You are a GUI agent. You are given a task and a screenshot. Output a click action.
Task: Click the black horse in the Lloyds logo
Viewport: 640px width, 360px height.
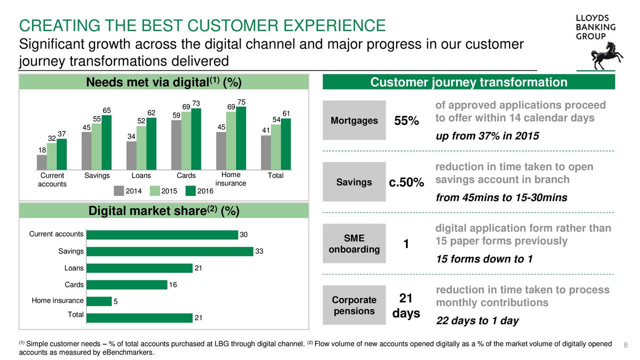605,56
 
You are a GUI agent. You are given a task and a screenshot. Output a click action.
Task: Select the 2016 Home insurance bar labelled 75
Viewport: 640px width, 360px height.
241,138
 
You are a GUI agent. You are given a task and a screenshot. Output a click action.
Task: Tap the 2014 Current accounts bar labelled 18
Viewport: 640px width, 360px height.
41,162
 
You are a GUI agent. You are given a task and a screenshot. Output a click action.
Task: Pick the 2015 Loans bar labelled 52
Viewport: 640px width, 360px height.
141,148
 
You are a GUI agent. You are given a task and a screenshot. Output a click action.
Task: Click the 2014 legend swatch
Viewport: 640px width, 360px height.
119,191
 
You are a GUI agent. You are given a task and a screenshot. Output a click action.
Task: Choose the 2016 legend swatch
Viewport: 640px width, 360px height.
190,191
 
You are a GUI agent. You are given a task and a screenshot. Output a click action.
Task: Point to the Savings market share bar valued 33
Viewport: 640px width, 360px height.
169,251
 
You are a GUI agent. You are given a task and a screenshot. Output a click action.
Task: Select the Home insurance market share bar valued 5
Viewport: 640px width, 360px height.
99,301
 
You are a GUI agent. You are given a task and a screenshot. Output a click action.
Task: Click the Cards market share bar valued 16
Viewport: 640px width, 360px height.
127,284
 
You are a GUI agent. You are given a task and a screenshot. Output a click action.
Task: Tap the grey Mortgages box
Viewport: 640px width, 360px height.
354,120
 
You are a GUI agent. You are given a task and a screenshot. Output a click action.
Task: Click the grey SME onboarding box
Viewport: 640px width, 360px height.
354,243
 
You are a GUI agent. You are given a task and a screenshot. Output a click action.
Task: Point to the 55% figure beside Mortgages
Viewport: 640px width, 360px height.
406,120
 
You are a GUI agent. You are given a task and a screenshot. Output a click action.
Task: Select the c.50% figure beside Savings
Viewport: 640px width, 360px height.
406,182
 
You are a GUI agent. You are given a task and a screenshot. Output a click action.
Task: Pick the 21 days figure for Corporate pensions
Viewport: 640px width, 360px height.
406,305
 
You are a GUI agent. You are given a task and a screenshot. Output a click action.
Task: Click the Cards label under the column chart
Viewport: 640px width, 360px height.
186,175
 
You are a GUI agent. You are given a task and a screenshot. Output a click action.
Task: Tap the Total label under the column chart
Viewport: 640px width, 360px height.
275,175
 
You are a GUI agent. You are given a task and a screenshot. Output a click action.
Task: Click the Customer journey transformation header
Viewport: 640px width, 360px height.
469,82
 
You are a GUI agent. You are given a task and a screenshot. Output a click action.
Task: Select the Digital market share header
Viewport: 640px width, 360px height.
163,211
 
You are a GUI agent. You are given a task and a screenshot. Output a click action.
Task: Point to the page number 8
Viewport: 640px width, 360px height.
625,345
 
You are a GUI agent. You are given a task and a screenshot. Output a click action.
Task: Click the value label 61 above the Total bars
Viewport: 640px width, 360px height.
286,113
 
